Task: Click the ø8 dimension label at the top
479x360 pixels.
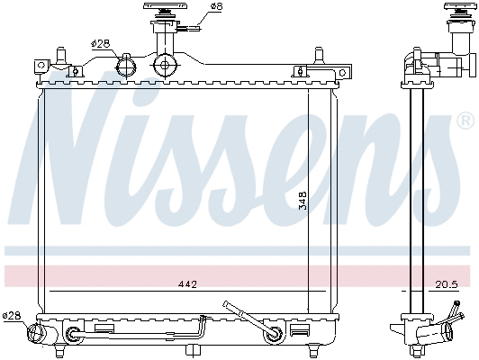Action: tap(215, 7)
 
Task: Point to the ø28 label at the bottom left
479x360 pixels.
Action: tap(11, 315)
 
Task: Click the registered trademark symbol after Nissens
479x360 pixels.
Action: tap(465, 144)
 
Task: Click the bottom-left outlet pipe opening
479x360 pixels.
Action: tap(37, 335)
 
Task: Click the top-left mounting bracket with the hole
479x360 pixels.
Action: tap(41, 65)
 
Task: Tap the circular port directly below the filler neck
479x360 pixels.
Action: tap(164, 65)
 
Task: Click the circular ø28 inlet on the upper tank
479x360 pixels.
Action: tap(127, 65)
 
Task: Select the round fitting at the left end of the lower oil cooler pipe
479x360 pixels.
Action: tap(73, 337)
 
